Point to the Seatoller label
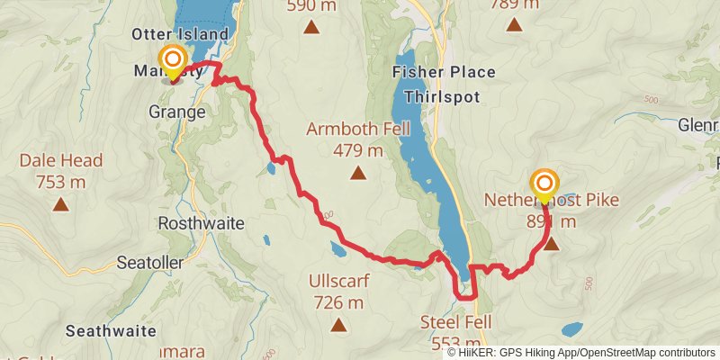[150, 263]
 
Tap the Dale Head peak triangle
[60, 204]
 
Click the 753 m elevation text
[60, 182]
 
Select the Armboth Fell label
[358, 129]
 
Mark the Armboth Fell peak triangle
[358, 173]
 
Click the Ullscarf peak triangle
[338, 325]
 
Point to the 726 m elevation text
[338, 302]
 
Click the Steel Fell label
[456, 322]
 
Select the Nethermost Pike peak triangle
[551, 244]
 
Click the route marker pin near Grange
[173, 64]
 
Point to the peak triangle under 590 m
[311, 28]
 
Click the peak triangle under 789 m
[514, 24]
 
